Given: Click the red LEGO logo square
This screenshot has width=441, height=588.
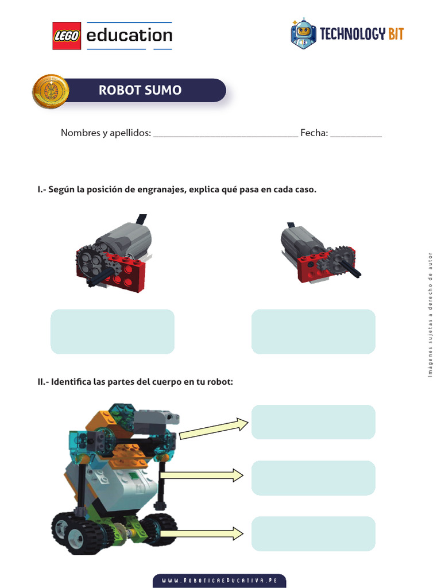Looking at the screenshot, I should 67,36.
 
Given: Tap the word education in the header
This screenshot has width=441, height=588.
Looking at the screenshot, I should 129,36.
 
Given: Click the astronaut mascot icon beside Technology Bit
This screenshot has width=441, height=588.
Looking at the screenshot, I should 303,34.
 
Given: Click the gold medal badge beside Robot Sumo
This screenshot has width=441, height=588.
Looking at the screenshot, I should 51,91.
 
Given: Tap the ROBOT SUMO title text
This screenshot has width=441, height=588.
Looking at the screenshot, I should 140,90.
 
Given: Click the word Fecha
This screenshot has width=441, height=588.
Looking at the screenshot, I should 314,133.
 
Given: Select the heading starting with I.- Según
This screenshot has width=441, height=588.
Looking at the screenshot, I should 177,189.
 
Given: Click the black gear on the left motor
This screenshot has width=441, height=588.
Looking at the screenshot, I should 90,261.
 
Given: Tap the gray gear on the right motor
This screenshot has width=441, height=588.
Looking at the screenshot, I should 343,257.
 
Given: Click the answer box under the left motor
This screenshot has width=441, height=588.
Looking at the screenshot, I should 113,331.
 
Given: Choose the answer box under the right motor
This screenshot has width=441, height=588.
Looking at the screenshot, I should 314,331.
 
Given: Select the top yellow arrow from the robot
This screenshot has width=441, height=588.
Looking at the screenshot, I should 214,428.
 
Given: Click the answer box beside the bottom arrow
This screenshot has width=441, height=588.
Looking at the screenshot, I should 314,532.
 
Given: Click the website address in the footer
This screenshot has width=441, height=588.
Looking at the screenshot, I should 219,581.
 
